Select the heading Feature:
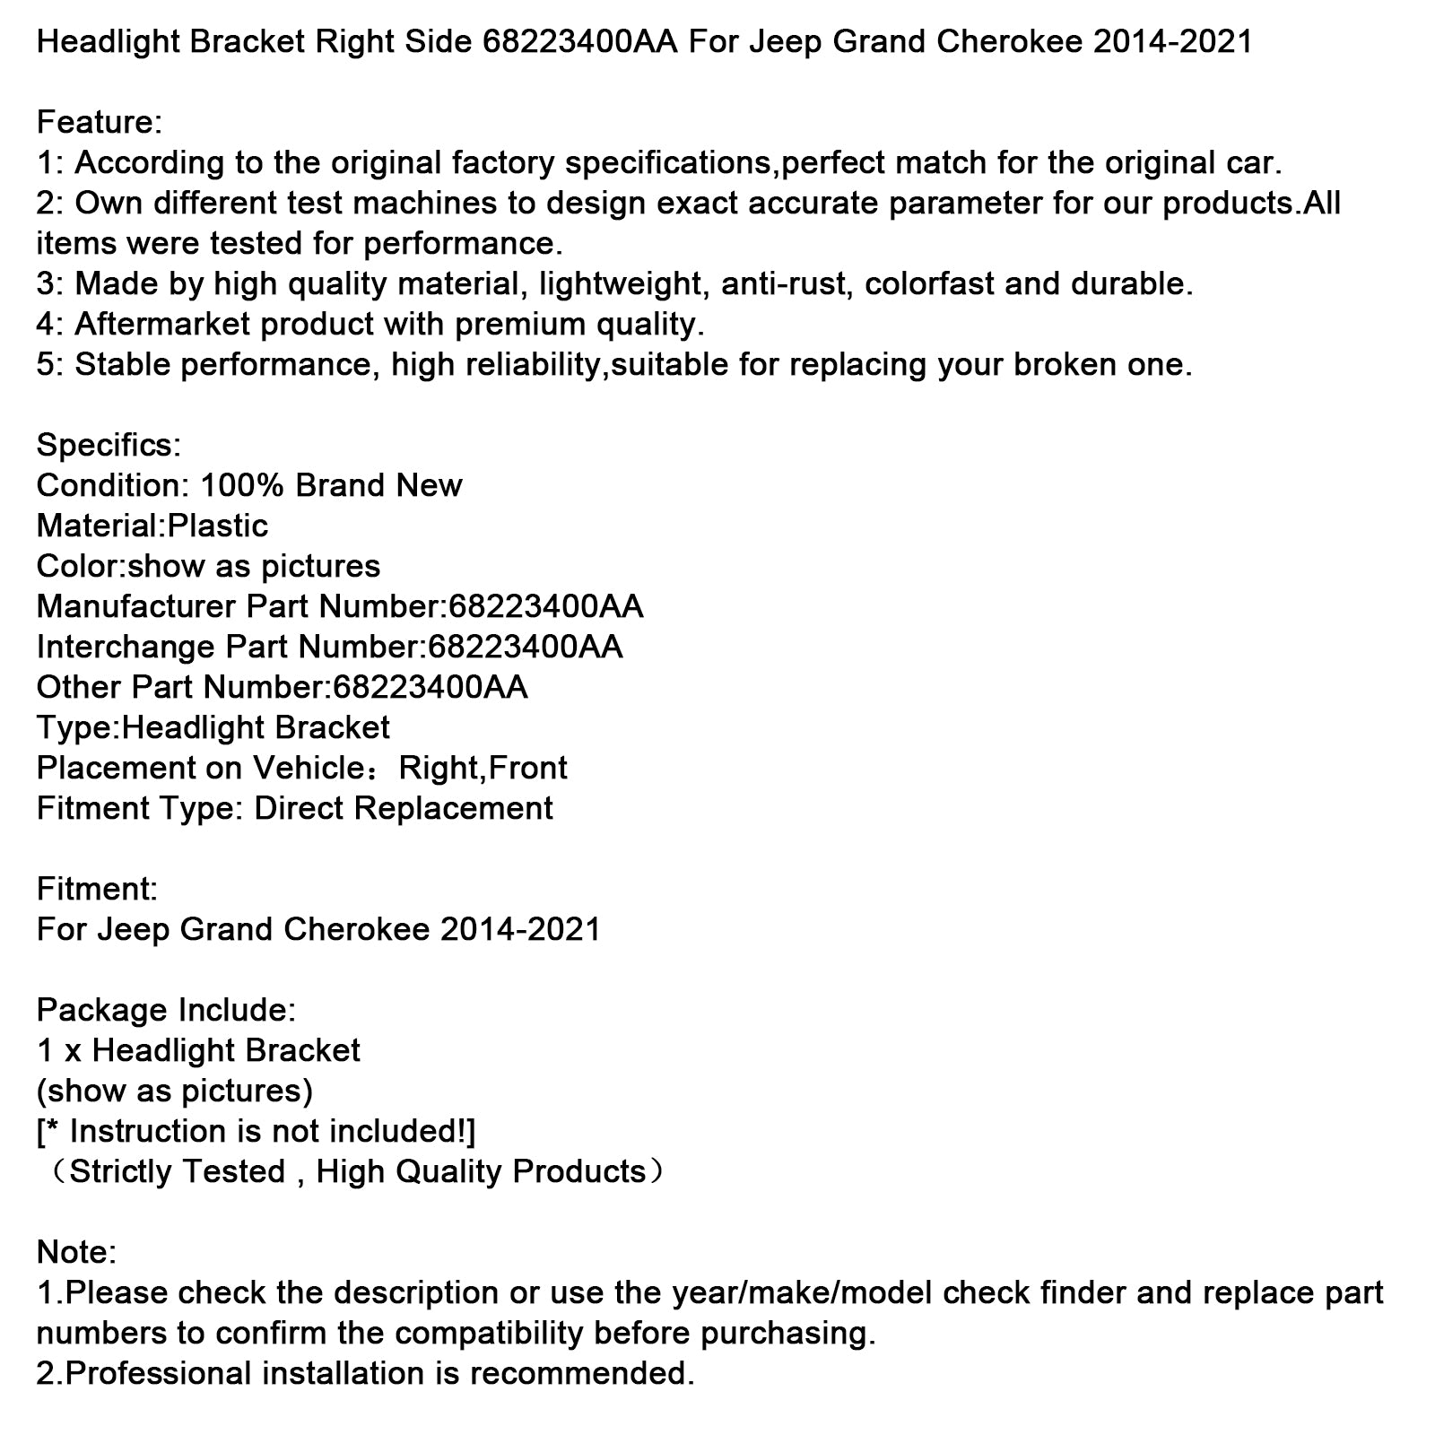coord(100,123)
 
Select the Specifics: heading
coord(109,446)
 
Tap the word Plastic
coord(218,526)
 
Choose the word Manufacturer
coord(135,607)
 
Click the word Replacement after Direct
coord(454,809)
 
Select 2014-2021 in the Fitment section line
coord(520,930)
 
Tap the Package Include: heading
coord(166,1011)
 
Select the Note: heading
coord(76,1253)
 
